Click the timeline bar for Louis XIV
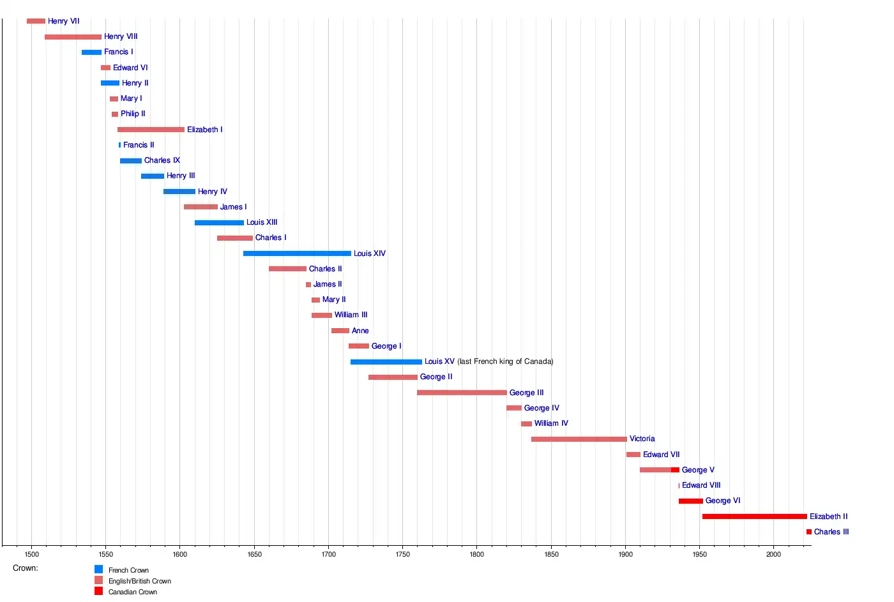pyautogui.click(x=297, y=253)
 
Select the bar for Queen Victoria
pyautogui.click(x=579, y=439)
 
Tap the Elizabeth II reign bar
pyautogui.click(x=754, y=516)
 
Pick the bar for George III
pyautogui.click(x=462, y=393)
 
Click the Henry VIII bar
pyautogui.click(x=73, y=37)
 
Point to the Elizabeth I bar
pyautogui.click(x=151, y=130)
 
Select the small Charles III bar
pyautogui.click(x=809, y=532)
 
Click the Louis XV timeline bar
pyautogui.click(x=386, y=362)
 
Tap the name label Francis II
pyautogui.click(x=139, y=145)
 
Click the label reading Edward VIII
pyautogui.click(x=701, y=485)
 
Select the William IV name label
pyautogui.click(x=551, y=423)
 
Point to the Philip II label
pyautogui.click(x=133, y=114)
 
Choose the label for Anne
pyautogui.click(x=360, y=331)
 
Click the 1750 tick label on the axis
pyautogui.click(x=402, y=554)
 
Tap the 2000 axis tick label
pyautogui.click(x=773, y=554)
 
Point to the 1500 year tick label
pyautogui.click(x=31, y=554)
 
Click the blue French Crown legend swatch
pyautogui.click(x=98, y=569)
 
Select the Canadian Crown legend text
pyautogui.click(x=133, y=592)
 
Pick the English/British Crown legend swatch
pyautogui.click(x=98, y=580)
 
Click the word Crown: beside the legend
pyautogui.click(x=26, y=568)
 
